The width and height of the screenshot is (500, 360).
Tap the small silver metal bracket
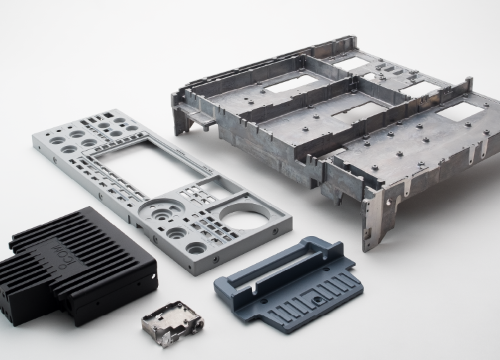coord(173,323)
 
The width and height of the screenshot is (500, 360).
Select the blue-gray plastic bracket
coord(289,284)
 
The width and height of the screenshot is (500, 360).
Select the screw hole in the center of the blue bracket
coord(316,299)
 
